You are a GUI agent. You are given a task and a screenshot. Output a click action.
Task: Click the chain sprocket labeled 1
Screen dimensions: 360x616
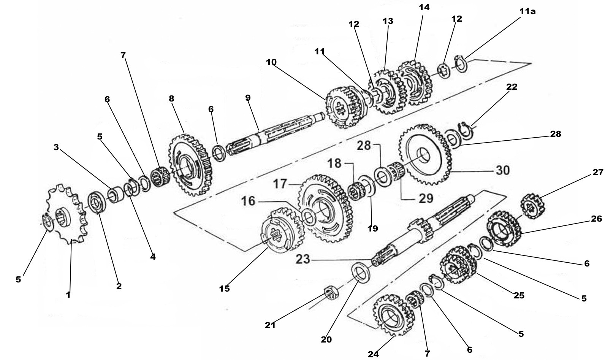[x=68, y=215]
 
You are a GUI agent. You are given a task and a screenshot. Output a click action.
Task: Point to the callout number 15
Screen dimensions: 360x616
[x=224, y=289]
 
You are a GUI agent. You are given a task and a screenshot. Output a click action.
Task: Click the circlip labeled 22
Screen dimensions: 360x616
[x=467, y=129]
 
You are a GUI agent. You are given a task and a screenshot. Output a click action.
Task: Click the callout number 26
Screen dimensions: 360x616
[x=596, y=219]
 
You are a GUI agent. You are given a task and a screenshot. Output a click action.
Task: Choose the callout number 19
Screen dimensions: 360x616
[x=373, y=228]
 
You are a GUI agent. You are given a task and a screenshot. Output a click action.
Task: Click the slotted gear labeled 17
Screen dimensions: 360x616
[x=327, y=209]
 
